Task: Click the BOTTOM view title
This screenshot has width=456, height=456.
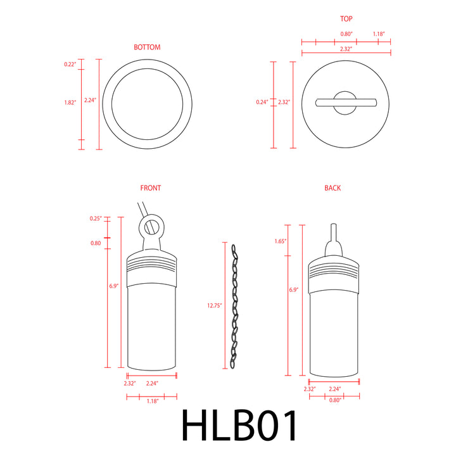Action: click(x=147, y=47)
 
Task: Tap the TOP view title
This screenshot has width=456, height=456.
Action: click(x=346, y=20)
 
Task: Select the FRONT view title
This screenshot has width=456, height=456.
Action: click(x=151, y=188)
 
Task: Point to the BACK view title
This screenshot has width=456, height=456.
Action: click(x=332, y=188)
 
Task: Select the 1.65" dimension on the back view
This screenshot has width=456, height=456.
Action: click(x=281, y=241)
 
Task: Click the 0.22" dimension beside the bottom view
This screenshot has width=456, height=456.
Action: click(x=70, y=65)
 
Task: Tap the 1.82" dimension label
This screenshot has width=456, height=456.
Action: click(x=70, y=103)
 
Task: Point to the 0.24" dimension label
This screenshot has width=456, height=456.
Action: click(x=262, y=102)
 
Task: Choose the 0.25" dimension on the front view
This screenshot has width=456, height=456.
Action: click(x=96, y=218)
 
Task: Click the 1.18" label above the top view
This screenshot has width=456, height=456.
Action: click(x=379, y=34)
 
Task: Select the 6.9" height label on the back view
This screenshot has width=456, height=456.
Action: click(x=293, y=289)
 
